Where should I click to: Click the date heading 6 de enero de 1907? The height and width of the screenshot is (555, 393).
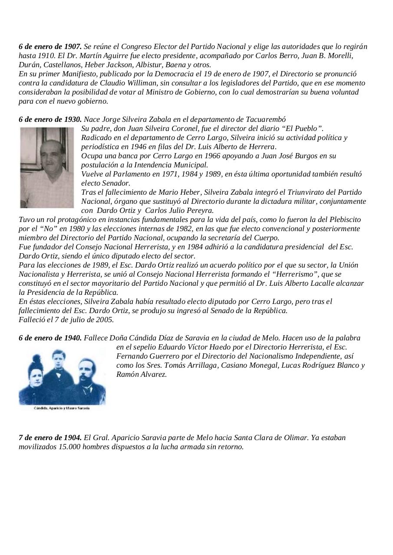coord(50,46)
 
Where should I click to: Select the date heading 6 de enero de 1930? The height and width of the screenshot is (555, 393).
coord(50,119)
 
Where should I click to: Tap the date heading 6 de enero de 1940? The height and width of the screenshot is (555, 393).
coord(50,338)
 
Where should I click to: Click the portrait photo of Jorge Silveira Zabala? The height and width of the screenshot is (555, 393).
coord(47,167)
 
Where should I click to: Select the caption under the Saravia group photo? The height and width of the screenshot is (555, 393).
coord(62,409)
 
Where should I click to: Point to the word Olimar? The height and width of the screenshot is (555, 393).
coord(296,437)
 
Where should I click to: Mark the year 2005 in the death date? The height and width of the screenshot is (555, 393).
coord(104,320)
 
